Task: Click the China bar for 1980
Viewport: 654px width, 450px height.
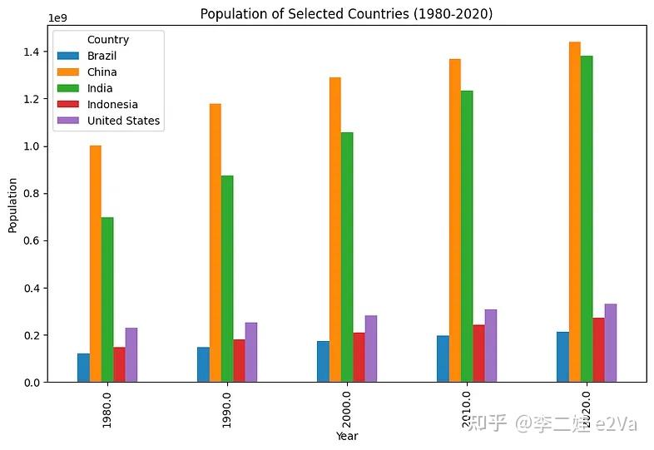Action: point(96,264)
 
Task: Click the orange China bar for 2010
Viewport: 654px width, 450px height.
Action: point(455,220)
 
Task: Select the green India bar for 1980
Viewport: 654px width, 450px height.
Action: point(107,299)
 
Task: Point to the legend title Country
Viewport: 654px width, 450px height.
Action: point(108,39)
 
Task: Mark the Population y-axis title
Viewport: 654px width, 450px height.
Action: point(12,205)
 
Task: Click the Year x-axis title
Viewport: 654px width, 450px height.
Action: point(347,436)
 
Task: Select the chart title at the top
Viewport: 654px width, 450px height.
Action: point(346,14)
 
